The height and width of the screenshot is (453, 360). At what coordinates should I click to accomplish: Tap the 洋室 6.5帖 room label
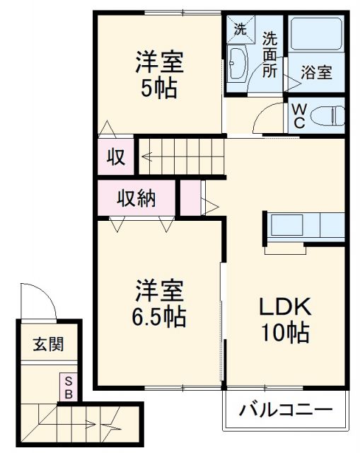tap(161, 303)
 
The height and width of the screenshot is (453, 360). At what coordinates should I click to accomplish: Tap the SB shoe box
tap(69, 387)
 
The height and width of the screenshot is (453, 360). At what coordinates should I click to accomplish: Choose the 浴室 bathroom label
tap(316, 71)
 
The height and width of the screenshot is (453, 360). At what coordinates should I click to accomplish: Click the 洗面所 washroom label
tap(270, 55)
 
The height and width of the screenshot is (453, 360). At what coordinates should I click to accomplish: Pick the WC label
tap(298, 116)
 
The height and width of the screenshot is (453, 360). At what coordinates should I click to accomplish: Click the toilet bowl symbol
tap(327, 115)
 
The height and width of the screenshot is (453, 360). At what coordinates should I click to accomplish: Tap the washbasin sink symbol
tap(239, 66)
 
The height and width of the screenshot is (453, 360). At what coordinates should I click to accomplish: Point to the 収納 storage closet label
tap(136, 199)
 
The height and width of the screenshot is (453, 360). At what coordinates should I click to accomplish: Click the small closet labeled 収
tap(116, 156)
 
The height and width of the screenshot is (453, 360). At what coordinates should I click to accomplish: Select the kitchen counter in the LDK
tap(304, 226)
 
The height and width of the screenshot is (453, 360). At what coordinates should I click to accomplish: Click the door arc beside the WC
tap(269, 117)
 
